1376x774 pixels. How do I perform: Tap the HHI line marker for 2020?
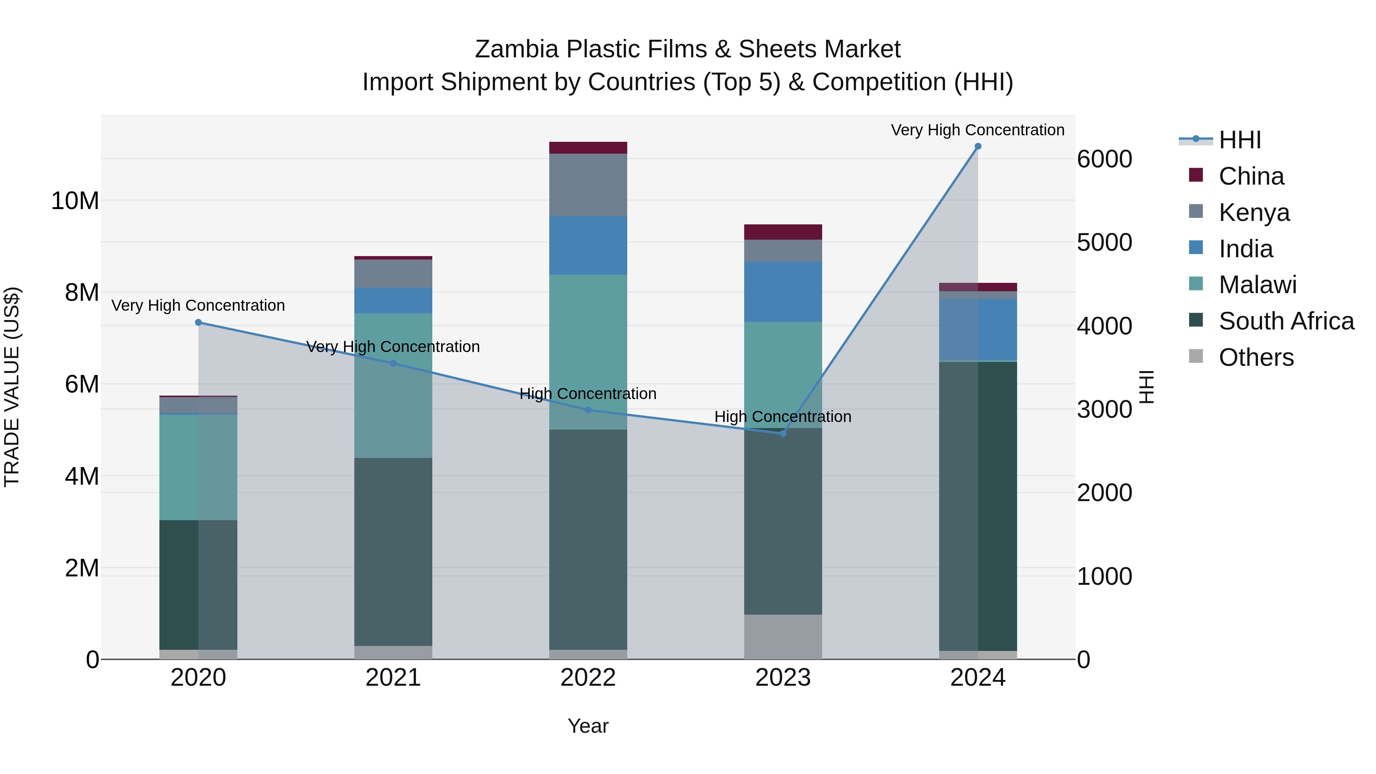coord(198,322)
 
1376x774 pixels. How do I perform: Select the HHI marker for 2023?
coord(783,433)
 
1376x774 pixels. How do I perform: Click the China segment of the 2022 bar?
coord(588,148)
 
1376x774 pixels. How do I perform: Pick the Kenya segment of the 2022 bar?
coord(588,185)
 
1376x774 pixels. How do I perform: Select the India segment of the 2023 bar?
coord(783,292)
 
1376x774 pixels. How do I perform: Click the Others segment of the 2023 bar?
coord(783,637)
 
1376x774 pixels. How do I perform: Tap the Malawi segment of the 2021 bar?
coord(393,385)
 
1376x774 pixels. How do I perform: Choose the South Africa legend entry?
coord(1286,321)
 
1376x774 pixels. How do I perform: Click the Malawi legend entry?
coord(1258,285)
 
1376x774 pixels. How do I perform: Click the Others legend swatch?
coord(1196,356)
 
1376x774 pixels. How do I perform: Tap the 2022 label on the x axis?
coord(588,678)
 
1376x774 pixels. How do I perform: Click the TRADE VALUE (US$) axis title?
coord(12,387)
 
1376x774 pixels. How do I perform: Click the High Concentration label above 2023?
coord(783,417)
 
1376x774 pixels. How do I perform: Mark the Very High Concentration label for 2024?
coord(977,130)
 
